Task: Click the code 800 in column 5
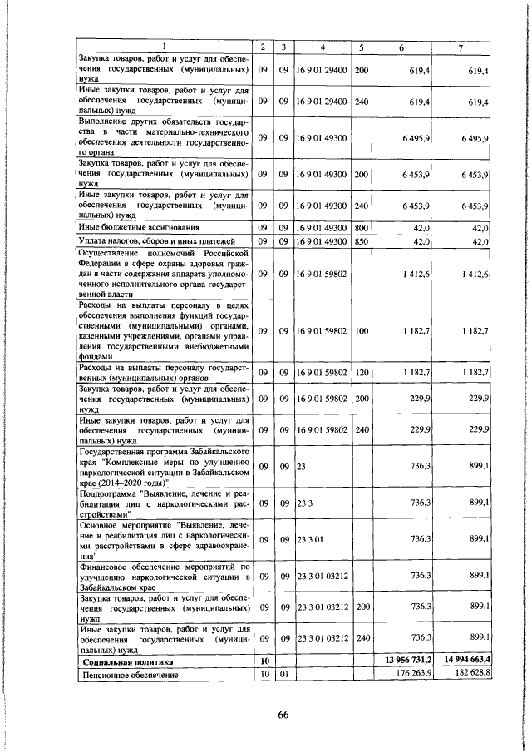pyautogui.click(x=361, y=226)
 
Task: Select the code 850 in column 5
pyautogui.click(x=361, y=240)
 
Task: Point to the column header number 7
pyautogui.click(x=460, y=46)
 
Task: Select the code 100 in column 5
pyautogui.click(x=361, y=331)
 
